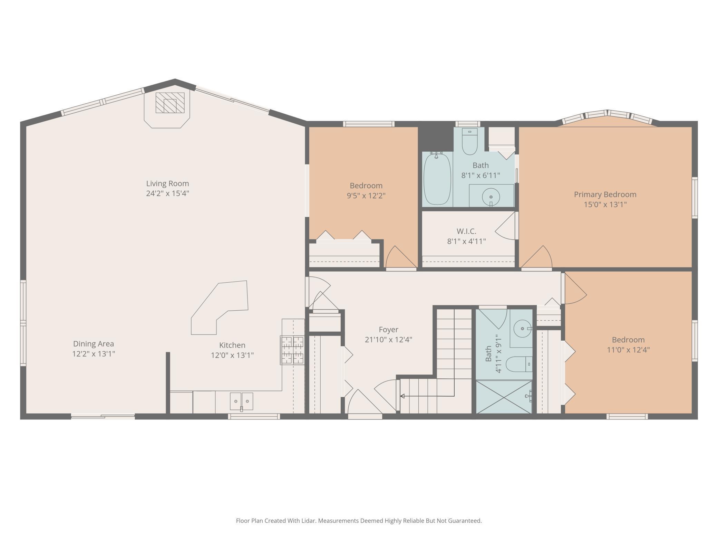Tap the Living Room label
pyautogui.click(x=167, y=183)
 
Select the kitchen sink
pyautogui.click(x=242, y=401)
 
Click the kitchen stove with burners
pyautogui.click(x=292, y=350)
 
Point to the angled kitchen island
pyautogui.click(x=220, y=308)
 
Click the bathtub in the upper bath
pyautogui.click(x=437, y=179)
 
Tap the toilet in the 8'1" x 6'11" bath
pyautogui.click(x=469, y=141)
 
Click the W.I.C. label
pyautogui.click(x=466, y=231)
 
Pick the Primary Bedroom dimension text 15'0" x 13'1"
pyautogui.click(x=605, y=204)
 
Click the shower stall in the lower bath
pyautogui.click(x=504, y=397)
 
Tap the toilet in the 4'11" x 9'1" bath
pyautogui.click(x=519, y=364)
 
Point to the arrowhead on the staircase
pyautogui.click(x=402, y=396)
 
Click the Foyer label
pyautogui.click(x=388, y=330)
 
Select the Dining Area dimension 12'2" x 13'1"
pyautogui.click(x=94, y=353)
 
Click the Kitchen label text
pyautogui.click(x=232, y=345)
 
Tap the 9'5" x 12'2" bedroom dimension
pyautogui.click(x=366, y=196)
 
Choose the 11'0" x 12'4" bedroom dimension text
pyautogui.click(x=628, y=350)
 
